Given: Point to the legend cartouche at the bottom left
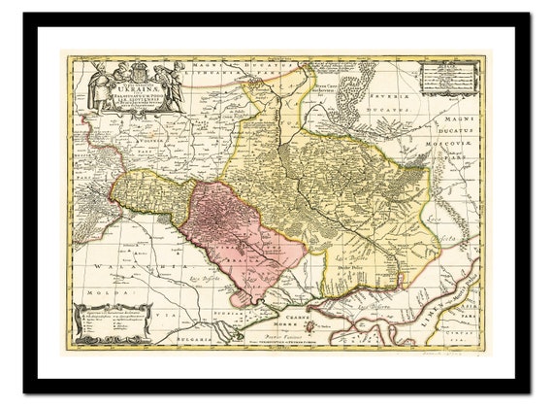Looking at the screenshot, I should point(111,321).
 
